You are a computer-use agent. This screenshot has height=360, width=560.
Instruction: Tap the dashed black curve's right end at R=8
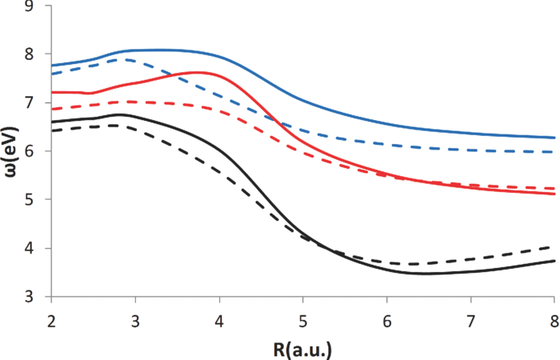[x=554, y=247]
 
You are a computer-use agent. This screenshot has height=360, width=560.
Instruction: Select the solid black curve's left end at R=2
[x=51, y=122]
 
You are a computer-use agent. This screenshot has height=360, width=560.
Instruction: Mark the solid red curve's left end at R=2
[x=51, y=92]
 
